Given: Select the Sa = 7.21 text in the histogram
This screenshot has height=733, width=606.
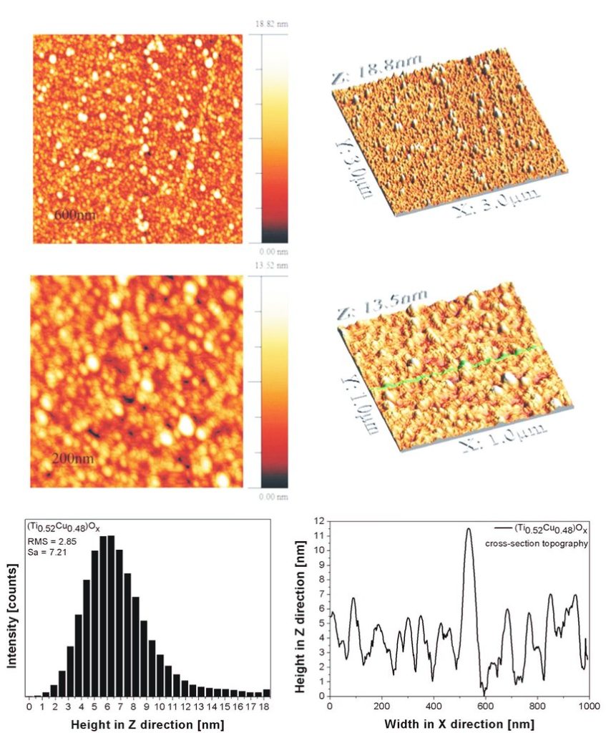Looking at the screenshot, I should click(46, 553).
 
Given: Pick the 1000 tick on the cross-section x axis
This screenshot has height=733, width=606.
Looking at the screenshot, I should click(588, 707).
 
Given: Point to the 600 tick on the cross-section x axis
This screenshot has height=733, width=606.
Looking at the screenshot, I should click(484, 707).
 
